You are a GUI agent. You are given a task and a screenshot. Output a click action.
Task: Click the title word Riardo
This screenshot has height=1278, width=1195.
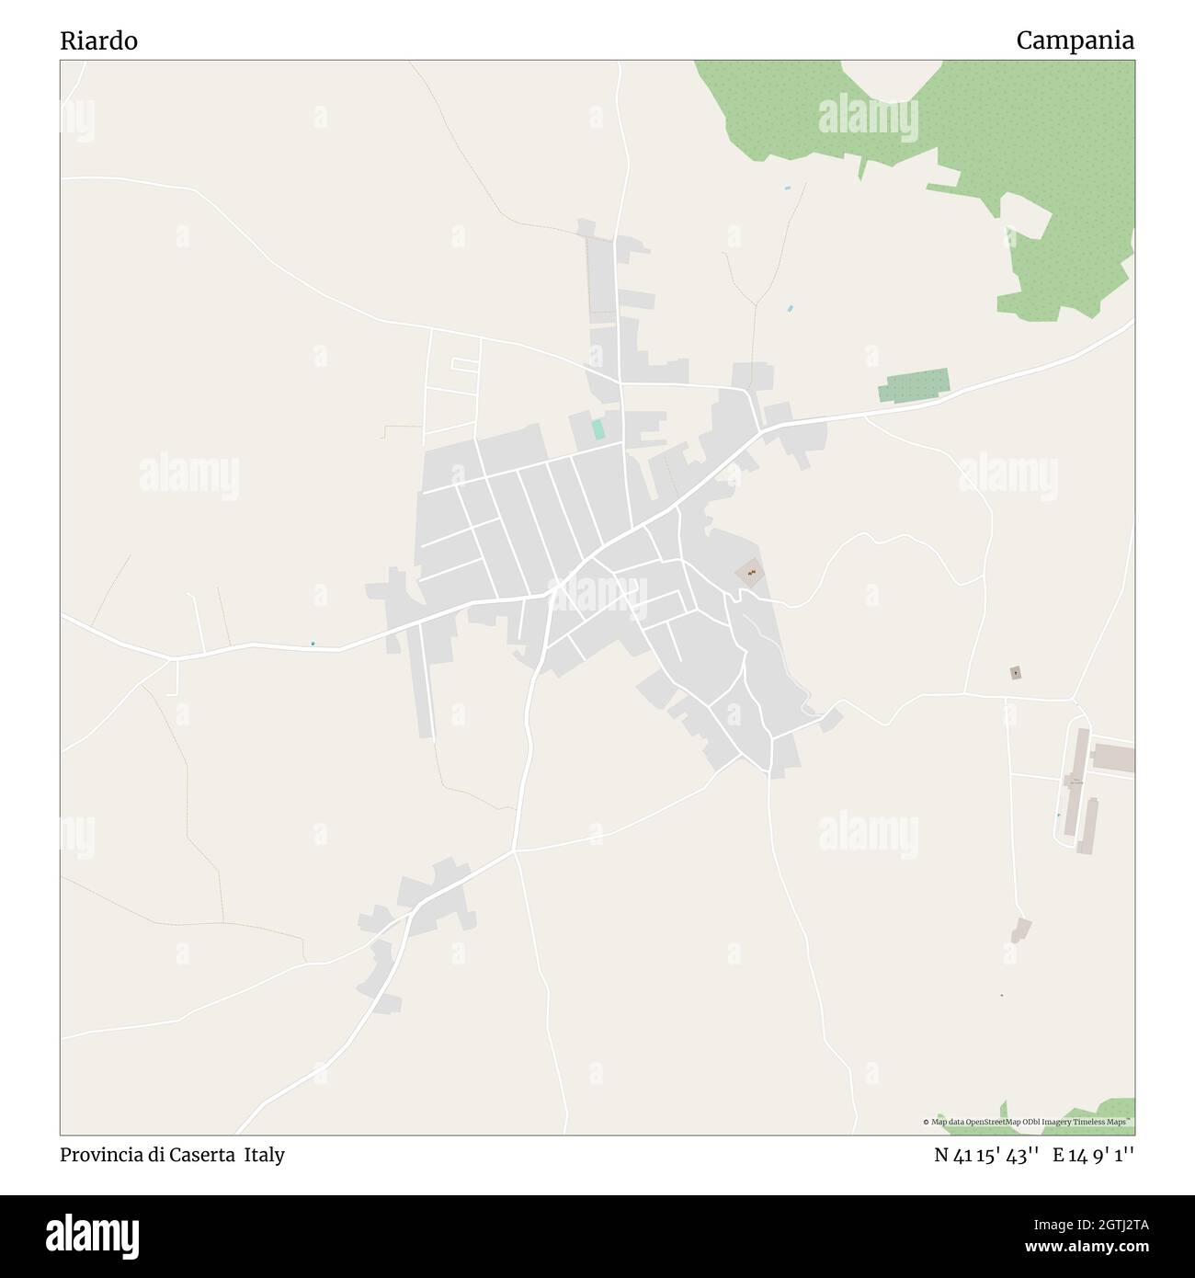[x=98, y=41]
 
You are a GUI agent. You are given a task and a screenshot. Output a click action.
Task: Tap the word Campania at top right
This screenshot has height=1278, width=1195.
[x=1075, y=41]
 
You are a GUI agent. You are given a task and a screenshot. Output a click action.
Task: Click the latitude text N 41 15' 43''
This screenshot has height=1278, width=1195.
[x=986, y=1155]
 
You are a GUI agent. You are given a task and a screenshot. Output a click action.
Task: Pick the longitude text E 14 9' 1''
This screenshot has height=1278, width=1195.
[x=1093, y=1155]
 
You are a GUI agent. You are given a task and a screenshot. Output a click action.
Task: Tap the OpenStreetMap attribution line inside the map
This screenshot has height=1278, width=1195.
[x=1027, y=1122]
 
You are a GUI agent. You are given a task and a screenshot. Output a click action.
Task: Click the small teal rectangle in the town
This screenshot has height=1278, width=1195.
[x=598, y=428]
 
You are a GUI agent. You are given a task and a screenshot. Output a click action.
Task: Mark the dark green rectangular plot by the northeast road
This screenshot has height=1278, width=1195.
[x=912, y=385]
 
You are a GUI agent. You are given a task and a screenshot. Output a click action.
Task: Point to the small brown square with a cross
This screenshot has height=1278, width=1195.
[x=1015, y=673]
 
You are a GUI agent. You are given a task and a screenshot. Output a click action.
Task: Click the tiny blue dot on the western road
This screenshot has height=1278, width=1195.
[x=313, y=643]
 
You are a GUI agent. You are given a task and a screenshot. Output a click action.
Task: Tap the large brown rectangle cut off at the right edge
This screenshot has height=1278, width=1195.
[x=1113, y=759]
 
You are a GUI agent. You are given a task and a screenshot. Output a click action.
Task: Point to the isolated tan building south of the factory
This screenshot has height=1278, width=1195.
[x=1020, y=930]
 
